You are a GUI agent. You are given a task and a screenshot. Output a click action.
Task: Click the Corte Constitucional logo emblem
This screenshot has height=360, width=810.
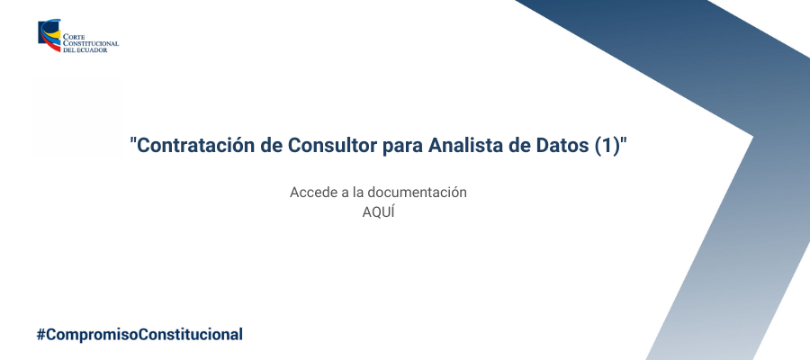(49, 36)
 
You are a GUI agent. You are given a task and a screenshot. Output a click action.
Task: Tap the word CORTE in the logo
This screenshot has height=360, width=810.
(74, 38)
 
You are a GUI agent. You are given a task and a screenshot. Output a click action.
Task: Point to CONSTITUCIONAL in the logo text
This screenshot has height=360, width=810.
(91, 44)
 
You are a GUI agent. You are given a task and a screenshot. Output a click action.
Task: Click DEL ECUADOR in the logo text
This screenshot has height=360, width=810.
(85, 50)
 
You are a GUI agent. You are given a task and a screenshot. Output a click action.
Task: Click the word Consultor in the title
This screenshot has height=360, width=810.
(333, 145)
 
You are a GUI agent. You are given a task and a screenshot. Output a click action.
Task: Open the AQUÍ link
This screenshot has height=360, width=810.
(378, 212)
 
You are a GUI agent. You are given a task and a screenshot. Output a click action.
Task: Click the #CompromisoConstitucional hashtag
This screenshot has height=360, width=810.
(139, 334)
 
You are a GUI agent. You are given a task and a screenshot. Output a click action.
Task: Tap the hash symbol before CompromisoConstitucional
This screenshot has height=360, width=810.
(40, 334)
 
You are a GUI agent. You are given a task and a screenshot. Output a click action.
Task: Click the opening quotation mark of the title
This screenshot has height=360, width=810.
(134, 140)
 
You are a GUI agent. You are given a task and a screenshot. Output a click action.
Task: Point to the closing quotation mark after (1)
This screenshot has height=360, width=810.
(624, 140)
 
